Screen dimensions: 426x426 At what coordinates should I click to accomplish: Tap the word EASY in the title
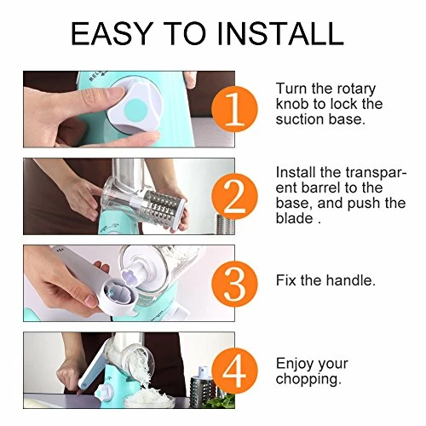(111, 33)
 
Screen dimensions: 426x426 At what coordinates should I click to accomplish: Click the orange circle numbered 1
(235, 109)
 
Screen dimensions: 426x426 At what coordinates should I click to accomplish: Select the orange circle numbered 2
(235, 197)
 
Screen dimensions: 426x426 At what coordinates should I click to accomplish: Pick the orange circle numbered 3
(235, 284)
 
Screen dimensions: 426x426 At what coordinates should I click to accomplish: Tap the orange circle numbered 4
(235, 371)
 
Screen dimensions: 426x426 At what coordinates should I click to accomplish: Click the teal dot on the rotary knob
(136, 110)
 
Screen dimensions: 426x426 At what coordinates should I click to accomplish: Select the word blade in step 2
(294, 218)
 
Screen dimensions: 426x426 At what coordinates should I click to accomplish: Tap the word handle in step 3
(351, 280)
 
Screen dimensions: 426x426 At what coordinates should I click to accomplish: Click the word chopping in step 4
(308, 379)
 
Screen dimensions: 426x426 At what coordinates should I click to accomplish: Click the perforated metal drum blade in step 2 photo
(164, 206)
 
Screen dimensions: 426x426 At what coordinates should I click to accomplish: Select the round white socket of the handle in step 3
(118, 298)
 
